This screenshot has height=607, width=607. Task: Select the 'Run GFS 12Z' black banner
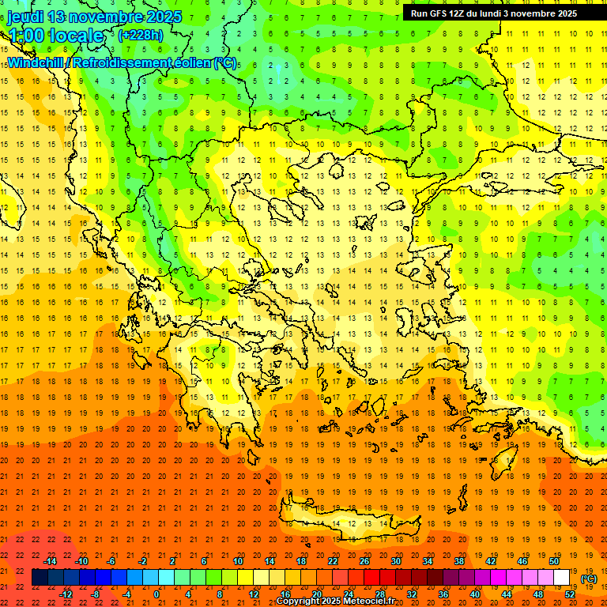(493, 13)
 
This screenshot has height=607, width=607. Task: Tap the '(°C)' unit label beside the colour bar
(589, 579)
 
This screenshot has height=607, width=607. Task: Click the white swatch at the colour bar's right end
(561, 578)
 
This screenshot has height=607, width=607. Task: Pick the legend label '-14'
(51, 561)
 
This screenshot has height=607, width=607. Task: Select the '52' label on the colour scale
(569, 594)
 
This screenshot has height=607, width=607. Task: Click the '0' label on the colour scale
(156, 594)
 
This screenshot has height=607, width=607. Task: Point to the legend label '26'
(364, 561)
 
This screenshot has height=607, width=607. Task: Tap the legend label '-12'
(66, 594)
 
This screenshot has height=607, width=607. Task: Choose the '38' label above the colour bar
(458, 561)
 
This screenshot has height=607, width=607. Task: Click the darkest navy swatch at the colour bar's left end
(40, 578)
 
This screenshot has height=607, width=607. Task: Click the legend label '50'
(553, 561)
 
